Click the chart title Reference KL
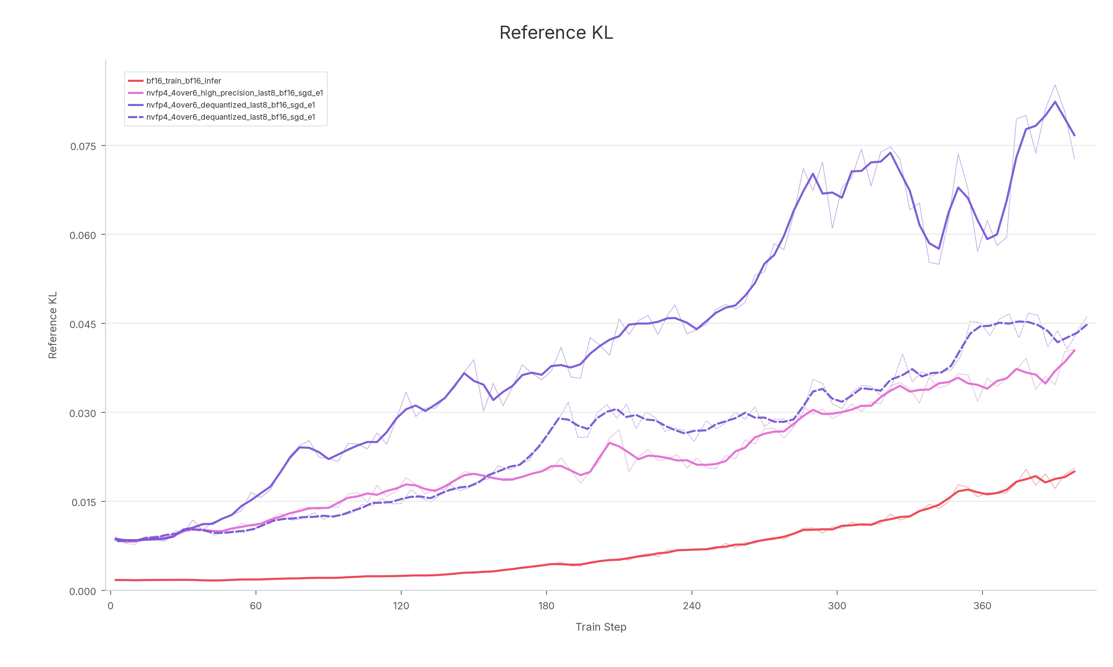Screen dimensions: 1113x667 click(556, 33)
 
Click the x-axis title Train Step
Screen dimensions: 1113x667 click(601, 627)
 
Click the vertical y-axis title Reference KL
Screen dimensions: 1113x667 click(53, 325)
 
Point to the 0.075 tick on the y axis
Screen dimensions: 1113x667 click(83, 146)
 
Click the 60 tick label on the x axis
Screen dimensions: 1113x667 click(256, 606)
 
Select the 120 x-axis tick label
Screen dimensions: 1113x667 click(401, 606)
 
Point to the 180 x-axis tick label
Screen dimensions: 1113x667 click(546, 606)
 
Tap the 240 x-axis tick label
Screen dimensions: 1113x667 click(692, 606)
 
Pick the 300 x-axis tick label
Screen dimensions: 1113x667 click(837, 606)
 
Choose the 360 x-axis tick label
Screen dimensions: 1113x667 click(982, 606)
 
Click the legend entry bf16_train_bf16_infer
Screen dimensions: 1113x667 click(183, 81)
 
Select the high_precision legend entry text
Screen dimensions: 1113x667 click(235, 93)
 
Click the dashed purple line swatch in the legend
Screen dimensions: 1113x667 click(136, 117)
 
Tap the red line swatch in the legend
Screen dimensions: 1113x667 click(136, 81)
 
